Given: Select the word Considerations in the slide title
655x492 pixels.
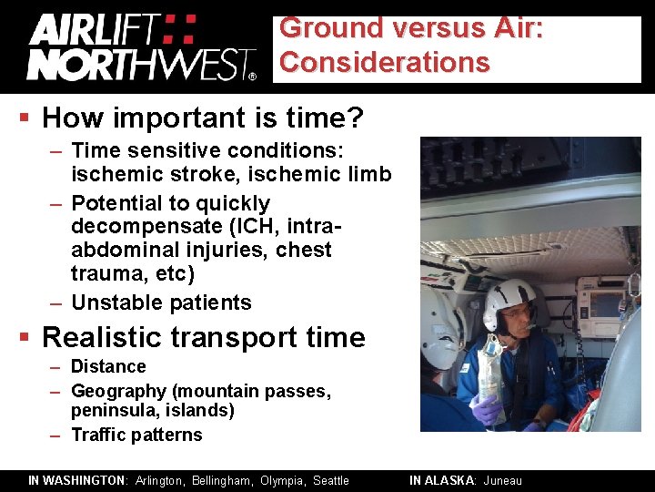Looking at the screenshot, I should pyautogui.click(x=384, y=63).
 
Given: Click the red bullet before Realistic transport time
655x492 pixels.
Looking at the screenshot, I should pyautogui.click(x=26, y=338).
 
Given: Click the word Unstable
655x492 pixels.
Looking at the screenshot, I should pyautogui.click(x=116, y=302).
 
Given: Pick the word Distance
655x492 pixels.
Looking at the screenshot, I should pyautogui.click(x=108, y=366).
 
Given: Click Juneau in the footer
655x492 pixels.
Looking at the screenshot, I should pyautogui.click(x=503, y=480).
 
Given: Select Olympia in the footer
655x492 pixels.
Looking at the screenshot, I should pyautogui.click(x=283, y=480).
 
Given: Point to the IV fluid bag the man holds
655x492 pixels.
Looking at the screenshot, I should pyautogui.click(x=491, y=369).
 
